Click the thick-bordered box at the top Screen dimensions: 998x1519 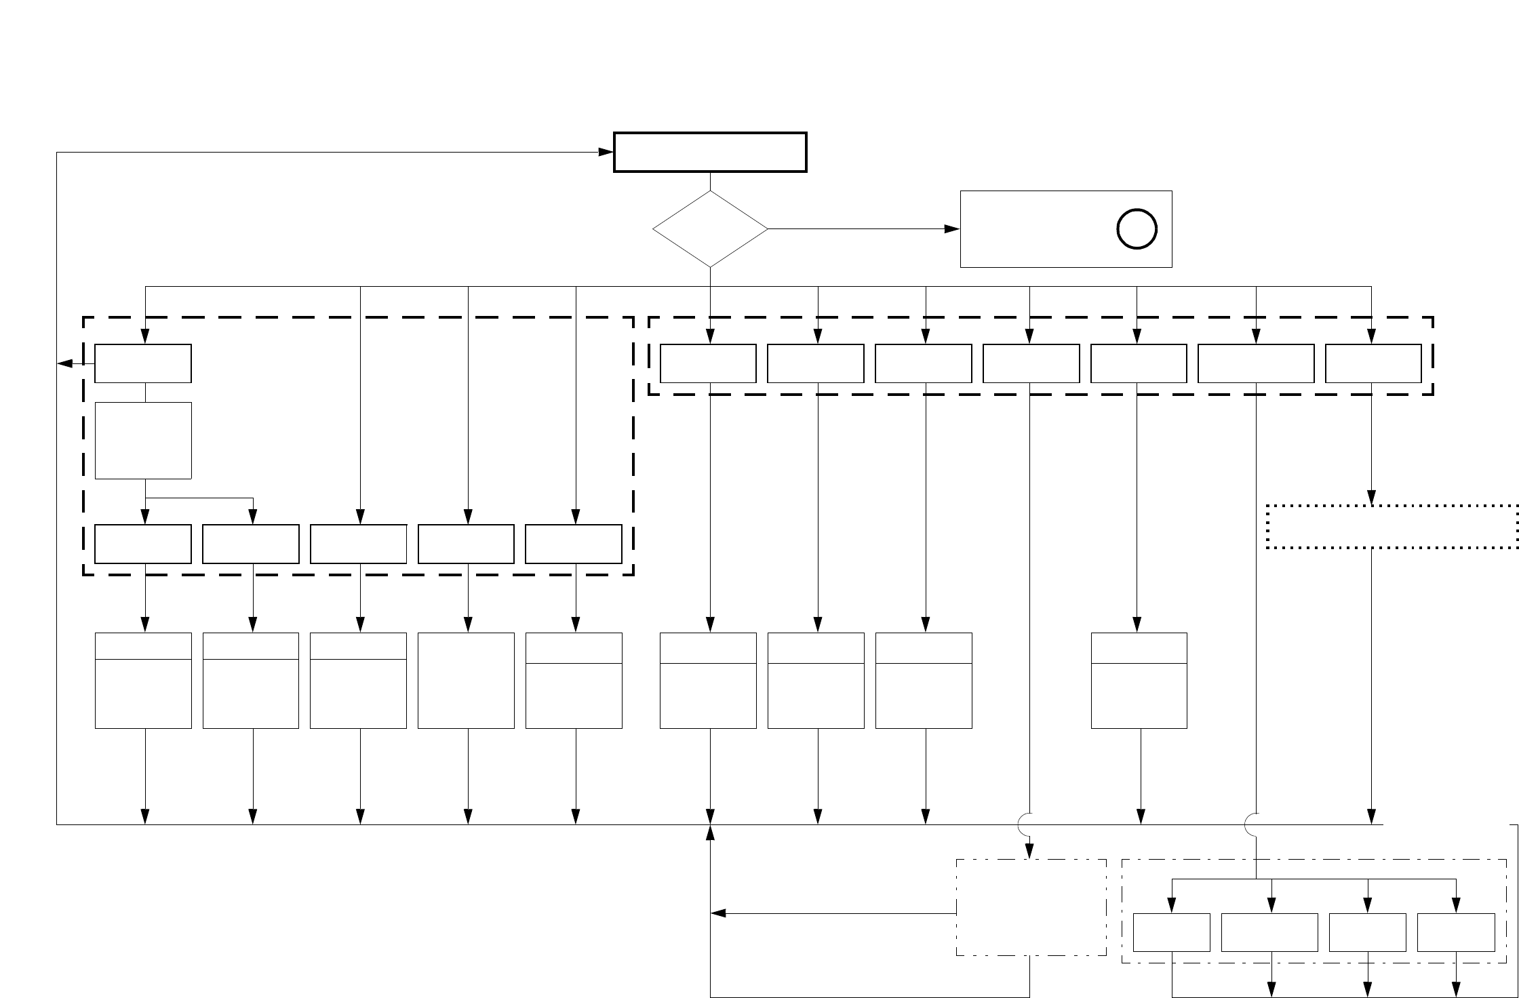click(710, 152)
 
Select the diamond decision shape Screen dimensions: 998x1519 click(710, 229)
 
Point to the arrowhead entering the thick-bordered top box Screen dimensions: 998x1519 click(606, 152)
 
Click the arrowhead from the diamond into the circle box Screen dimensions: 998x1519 click(952, 229)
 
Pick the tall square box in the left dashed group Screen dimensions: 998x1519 click(143, 441)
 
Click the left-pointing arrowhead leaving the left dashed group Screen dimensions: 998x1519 click(65, 364)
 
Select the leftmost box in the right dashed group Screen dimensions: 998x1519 click(708, 363)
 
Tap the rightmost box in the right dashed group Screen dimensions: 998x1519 click(1373, 363)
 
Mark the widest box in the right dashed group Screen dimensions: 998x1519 click(1256, 363)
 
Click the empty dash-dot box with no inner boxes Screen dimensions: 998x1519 click(1031, 907)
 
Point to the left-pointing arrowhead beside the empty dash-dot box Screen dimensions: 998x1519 click(717, 914)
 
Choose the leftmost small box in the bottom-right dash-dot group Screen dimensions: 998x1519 click(1172, 932)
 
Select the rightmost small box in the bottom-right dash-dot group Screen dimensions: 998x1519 click(1456, 932)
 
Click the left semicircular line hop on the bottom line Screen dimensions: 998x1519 click(1025, 824)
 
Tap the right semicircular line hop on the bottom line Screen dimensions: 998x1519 click(1252, 824)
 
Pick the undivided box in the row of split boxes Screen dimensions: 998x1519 click(466, 681)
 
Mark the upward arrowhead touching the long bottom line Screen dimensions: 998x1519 click(710, 833)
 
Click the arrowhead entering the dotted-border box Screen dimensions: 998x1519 click(1372, 498)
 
